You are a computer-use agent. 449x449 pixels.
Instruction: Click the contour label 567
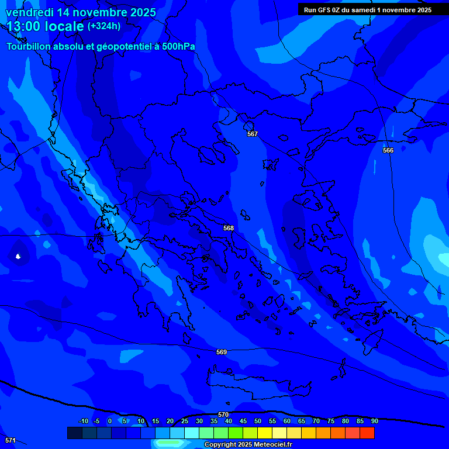point(253,134)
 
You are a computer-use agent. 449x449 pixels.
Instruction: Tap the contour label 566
point(388,150)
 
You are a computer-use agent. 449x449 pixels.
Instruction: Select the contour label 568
point(229,228)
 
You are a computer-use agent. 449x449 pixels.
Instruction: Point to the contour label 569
point(222,352)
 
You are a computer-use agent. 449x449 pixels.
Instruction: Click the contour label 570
point(223,415)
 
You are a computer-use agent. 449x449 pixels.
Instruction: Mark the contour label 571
point(10,440)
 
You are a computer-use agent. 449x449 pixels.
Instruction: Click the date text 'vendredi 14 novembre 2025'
point(81,12)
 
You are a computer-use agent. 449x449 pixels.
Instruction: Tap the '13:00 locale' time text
point(46,26)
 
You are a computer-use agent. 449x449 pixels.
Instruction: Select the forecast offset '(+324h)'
point(104,26)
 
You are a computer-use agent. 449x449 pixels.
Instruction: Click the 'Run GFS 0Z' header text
point(323,9)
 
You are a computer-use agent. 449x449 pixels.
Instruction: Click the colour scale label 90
point(374,421)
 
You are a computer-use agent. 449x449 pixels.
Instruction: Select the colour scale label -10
point(83,421)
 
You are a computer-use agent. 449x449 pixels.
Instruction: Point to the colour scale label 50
point(258,421)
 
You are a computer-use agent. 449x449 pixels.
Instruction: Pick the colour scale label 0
point(109,421)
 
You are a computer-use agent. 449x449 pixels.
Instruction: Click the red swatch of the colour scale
point(367,433)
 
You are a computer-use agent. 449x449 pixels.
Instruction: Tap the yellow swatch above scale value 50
point(265,433)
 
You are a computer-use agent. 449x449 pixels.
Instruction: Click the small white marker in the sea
point(18,256)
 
